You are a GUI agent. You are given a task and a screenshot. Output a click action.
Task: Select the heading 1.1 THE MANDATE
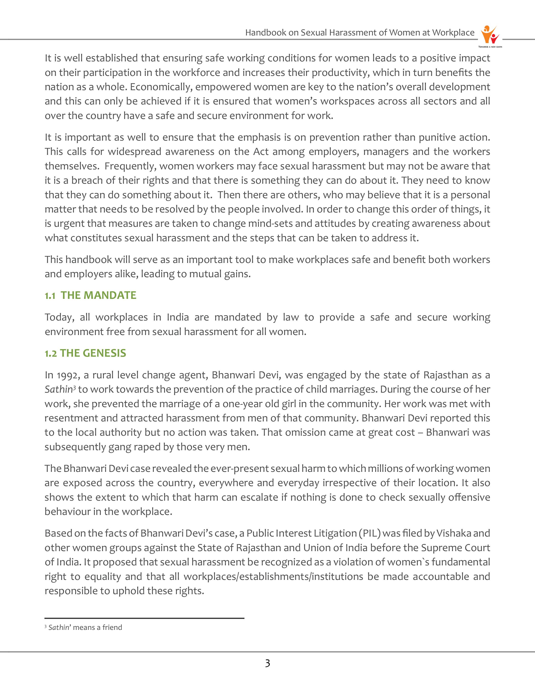tap(90, 296)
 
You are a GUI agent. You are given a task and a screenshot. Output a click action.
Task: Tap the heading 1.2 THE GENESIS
tap(85, 353)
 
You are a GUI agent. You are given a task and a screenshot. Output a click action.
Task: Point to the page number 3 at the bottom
tap(267, 663)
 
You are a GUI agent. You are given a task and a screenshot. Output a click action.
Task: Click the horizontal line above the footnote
tap(144, 618)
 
